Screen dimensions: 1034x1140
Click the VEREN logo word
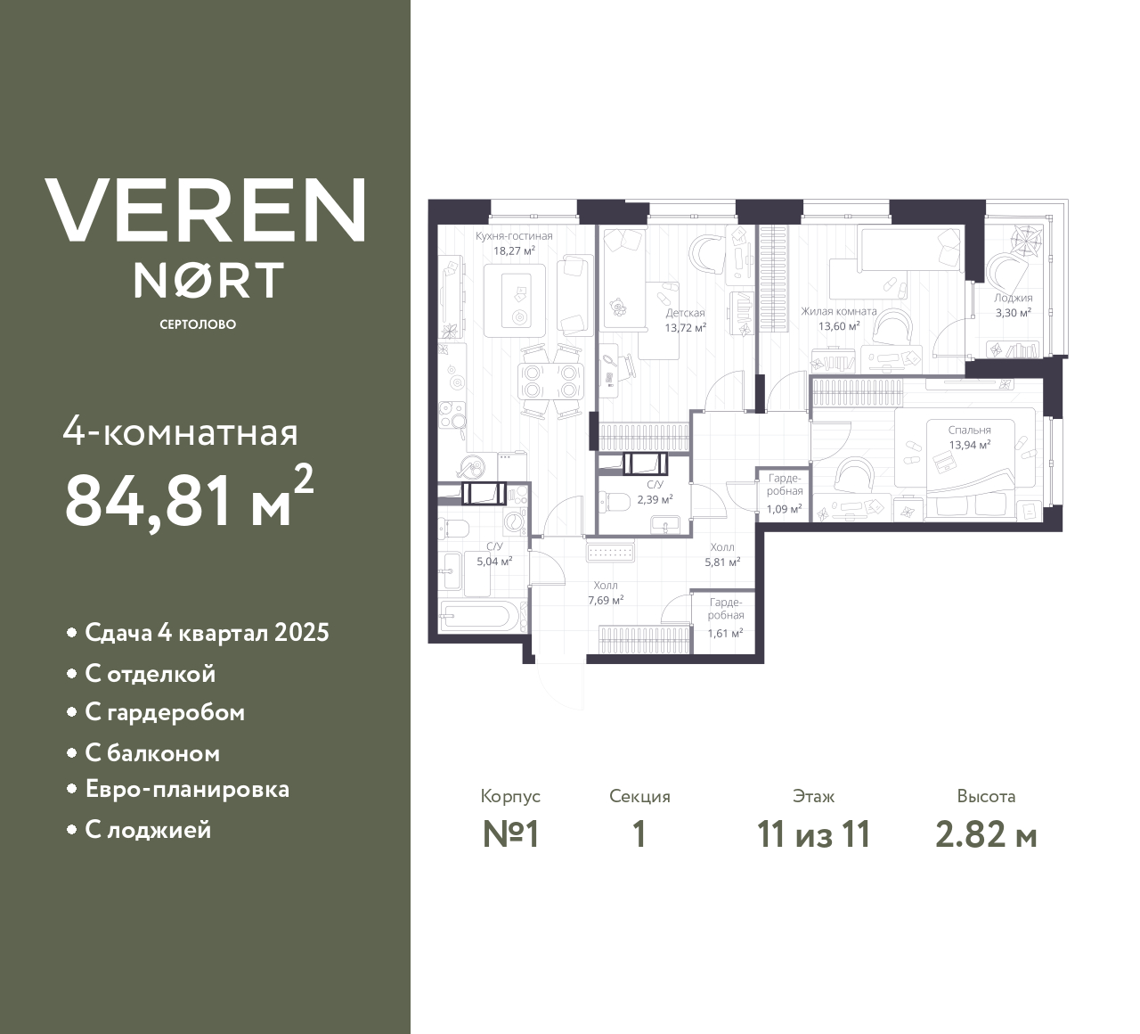[x=205, y=210]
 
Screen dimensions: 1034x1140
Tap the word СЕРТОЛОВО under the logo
[x=198, y=324]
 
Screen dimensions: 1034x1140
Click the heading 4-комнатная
[x=180, y=433]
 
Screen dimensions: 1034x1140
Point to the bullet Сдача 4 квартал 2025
[x=207, y=633]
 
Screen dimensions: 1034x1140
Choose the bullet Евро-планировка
[x=187, y=790]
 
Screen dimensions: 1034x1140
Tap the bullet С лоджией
[x=148, y=830]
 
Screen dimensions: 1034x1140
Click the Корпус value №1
[x=511, y=835]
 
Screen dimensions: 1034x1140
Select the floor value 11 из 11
[x=813, y=835]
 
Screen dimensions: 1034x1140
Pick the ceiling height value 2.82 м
[x=986, y=835]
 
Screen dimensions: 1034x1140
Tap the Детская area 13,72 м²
[x=685, y=327]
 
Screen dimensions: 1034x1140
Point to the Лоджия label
[x=1014, y=299]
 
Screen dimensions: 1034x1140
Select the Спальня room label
[x=969, y=430]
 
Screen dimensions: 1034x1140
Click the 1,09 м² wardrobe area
[x=784, y=510]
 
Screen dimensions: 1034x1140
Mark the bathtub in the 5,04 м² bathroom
[x=477, y=617]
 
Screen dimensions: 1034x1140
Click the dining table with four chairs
[x=550, y=382]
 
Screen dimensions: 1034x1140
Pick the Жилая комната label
[x=838, y=312]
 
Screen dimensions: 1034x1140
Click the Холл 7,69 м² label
[x=604, y=586]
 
